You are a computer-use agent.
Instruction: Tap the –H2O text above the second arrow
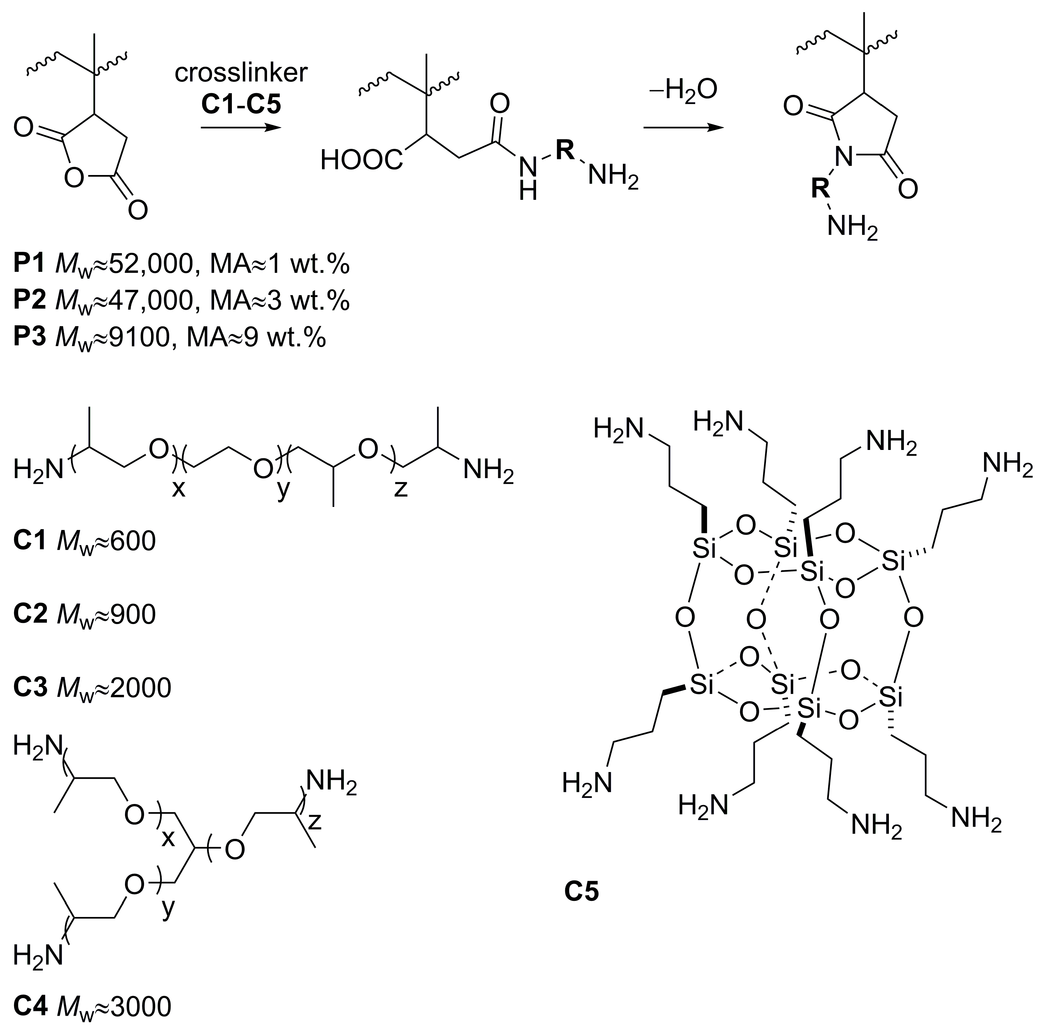point(683,90)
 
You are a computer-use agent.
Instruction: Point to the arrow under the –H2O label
point(683,128)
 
